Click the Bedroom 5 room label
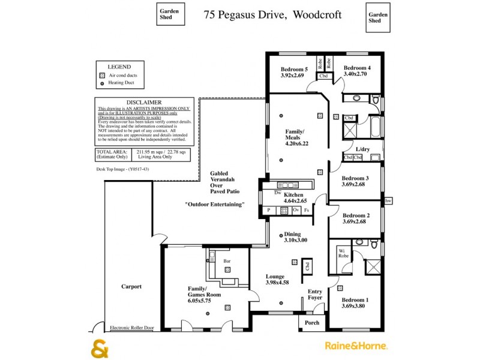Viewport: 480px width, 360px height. click(294, 69)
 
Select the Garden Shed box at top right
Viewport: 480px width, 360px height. click(377, 17)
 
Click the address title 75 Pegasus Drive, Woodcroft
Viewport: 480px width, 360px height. click(263, 13)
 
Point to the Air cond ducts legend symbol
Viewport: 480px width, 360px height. click(101, 76)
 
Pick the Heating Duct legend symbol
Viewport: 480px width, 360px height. click(101, 84)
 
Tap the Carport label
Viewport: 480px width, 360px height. click(131, 287)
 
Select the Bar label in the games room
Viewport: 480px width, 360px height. click(227, 262)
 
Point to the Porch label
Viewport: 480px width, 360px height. click(312, 323)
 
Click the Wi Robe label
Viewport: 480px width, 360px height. click(343, 253)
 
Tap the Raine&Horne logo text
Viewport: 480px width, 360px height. click(356, 346)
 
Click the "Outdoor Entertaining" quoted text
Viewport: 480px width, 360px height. click(215, 205)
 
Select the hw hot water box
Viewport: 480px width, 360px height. click(388, 200)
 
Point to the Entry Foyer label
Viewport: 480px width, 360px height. click(315, 295)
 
